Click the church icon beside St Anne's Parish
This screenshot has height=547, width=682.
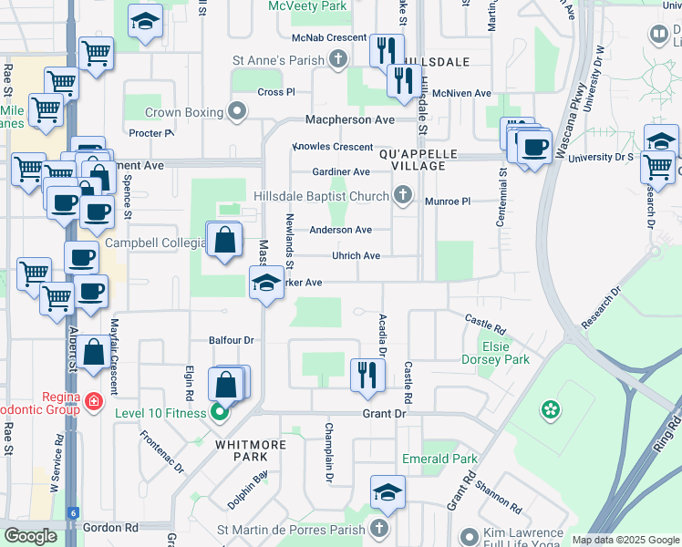(x=338, y=60)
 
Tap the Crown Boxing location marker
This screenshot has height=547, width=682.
(x=238, y=112)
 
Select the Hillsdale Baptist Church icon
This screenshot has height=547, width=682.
(x=403, y=194)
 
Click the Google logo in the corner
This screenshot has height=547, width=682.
(x=30, y=536)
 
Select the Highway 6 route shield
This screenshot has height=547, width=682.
(x=72, y=513)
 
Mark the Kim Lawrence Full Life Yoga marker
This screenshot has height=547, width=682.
(x=470, y=536)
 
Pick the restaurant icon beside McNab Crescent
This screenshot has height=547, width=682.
(x=387, y=49)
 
